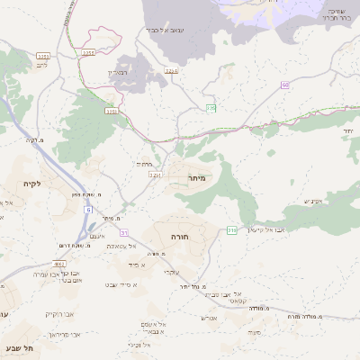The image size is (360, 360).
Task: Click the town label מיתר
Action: [197, 178]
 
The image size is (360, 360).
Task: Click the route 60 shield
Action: [284, 85]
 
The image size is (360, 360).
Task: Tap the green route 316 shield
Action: [231, 230]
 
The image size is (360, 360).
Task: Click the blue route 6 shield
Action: [89, 209]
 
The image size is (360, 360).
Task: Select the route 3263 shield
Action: [43, 56]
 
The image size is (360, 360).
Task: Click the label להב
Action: [41, 66]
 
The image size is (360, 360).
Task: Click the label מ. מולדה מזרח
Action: [306, 317]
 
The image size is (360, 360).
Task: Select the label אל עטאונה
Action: [120, 245]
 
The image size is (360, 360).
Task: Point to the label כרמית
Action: [144, 165]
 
